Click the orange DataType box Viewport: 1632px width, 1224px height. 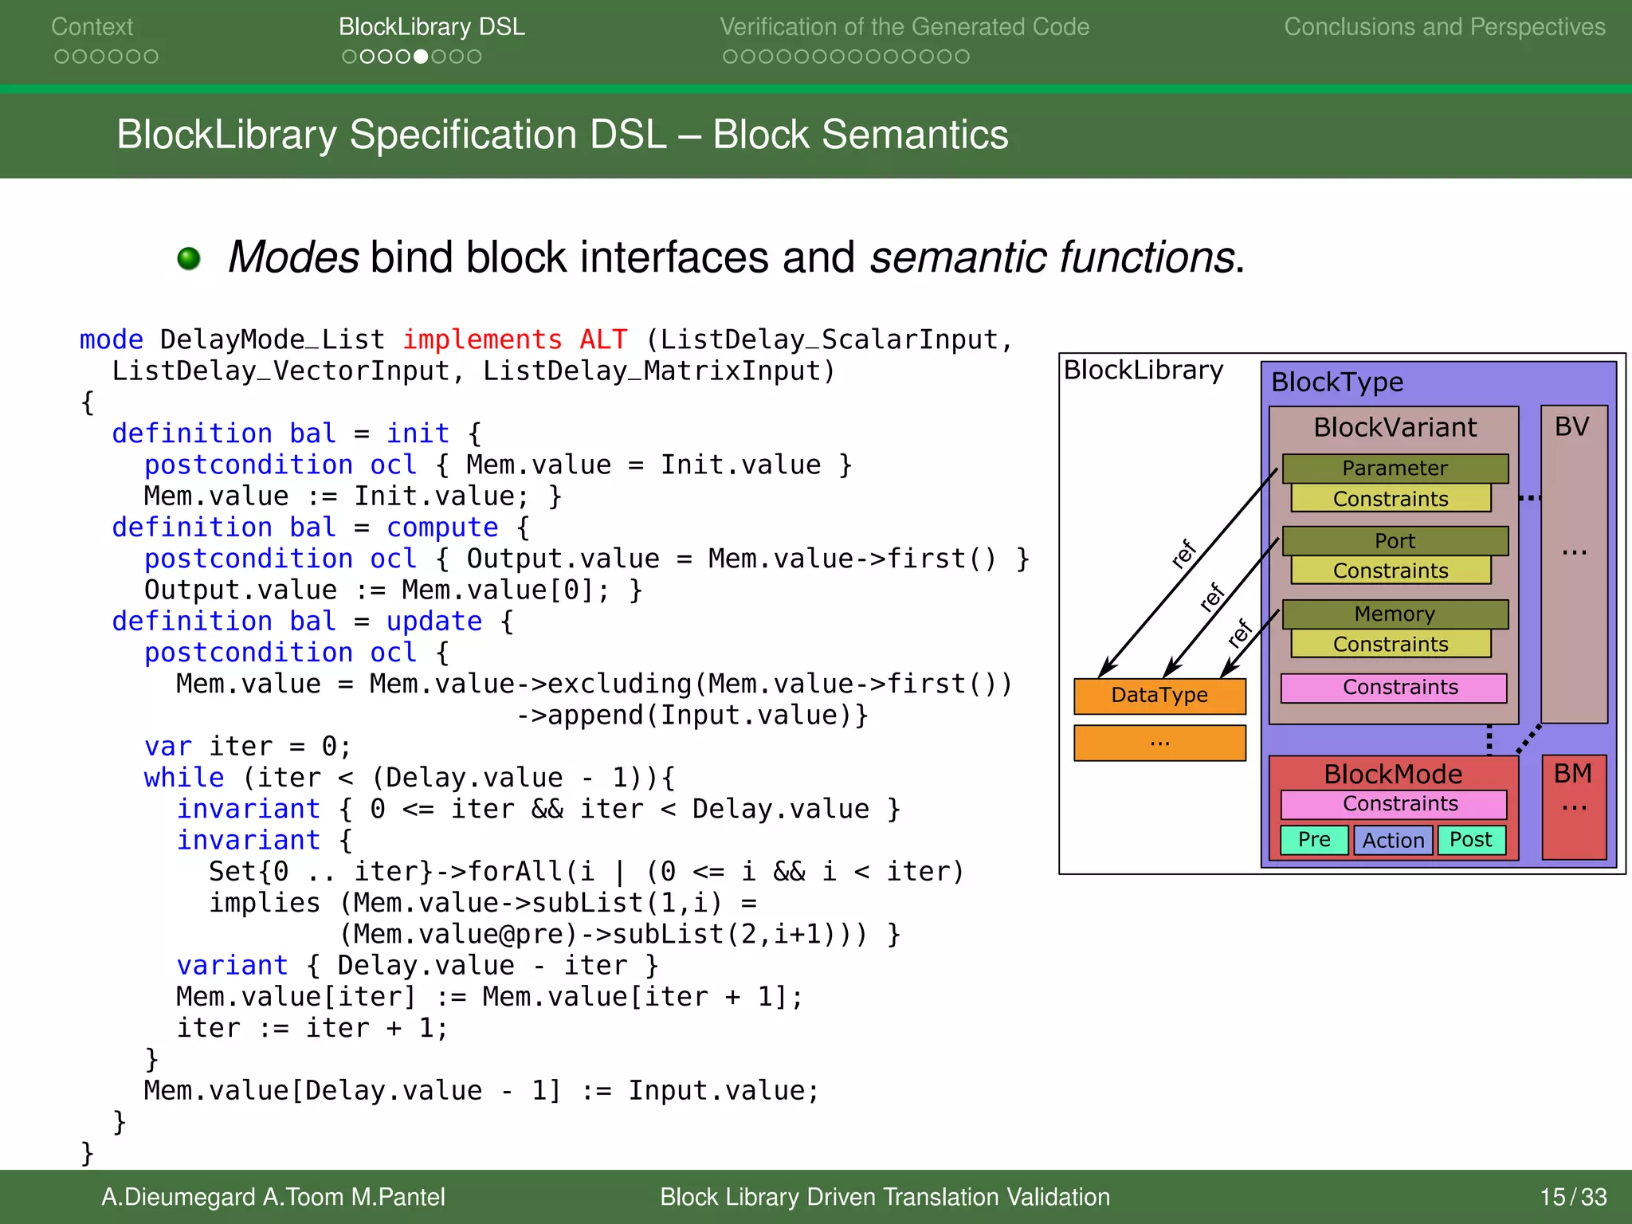(1159, 696)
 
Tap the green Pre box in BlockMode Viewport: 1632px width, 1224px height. (1314, 840)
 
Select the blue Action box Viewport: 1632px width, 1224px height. (1393, 841)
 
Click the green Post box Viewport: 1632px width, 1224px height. (1471, 840)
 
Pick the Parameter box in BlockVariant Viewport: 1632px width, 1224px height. (1395, 469)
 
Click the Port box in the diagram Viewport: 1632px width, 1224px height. (1395, 541)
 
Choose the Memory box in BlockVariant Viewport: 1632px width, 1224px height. (1395, 614)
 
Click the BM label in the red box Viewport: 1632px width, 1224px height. (1572, 774)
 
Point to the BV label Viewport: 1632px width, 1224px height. (1571, 427)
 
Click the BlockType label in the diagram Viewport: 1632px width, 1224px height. (1337, 382)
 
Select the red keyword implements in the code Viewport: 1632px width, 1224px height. (482, 340)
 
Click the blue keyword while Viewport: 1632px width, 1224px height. (184, 778)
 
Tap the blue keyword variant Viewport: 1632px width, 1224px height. (232, 966)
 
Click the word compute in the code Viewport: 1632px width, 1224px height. (442, 528)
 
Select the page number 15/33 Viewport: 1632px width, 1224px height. (1572, 1197)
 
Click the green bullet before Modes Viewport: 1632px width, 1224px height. (189, 258)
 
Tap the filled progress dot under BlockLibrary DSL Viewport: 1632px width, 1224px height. (421, 57)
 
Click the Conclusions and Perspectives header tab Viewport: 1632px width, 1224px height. (1444, 27)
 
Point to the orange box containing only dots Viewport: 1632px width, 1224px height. (1159, 743)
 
